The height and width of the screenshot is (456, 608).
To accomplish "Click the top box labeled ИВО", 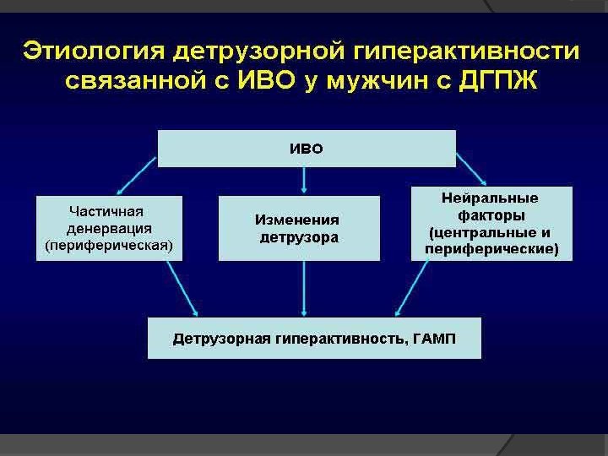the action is (x=306, y=149).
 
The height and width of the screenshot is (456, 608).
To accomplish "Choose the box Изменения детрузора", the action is (x=298, y=227).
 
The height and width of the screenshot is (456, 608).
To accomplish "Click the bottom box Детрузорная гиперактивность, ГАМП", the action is (x=313, y=339).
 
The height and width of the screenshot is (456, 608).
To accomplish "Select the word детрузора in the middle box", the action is (x=299, y=237).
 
